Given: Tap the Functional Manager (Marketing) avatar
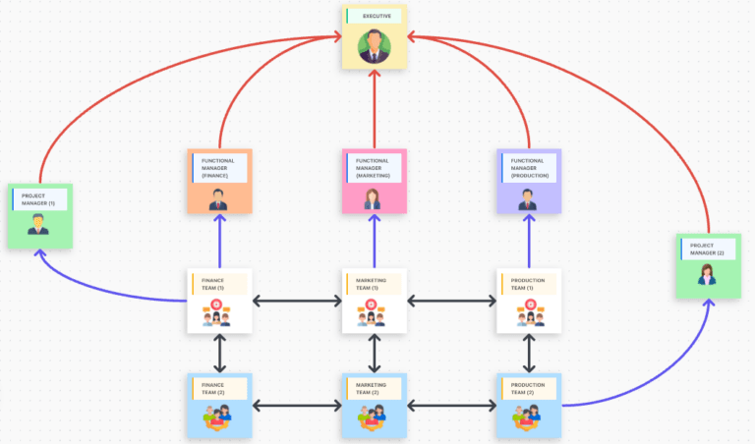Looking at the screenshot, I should (374, 198).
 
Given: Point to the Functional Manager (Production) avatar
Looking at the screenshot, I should (528, 198).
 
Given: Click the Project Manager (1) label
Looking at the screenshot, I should (38, 199).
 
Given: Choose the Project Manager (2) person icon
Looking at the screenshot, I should (707, 276).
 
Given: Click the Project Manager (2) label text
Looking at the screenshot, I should (706, 250).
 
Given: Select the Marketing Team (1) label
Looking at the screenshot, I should (373, 284).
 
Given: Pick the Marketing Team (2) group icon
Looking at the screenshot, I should (374, 418).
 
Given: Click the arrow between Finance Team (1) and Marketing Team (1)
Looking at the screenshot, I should (296, 300).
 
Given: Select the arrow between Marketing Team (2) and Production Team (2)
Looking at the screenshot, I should (451, 404).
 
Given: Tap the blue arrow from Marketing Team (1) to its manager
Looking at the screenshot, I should (374, 241).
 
